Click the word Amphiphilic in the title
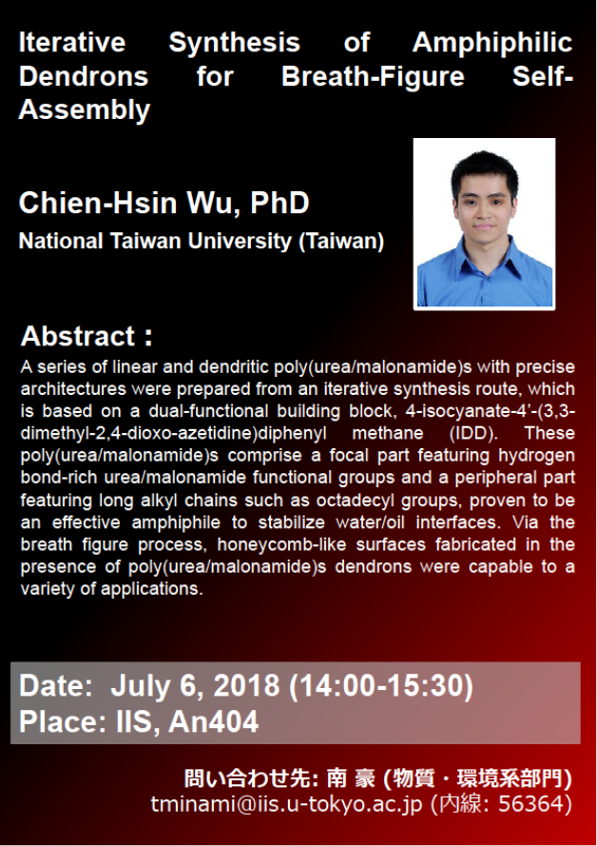(x=491, y=43)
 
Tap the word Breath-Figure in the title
(x=373, y=76)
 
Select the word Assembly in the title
(x=85, y=110)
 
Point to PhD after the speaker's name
(x=279, y=203)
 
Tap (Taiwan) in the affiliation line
(x=341, y=241)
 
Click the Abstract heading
(x=87, y=336)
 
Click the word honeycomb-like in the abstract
(x=281, y=544)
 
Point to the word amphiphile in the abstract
(x=176, y=522)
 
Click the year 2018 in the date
(x=247, y=686)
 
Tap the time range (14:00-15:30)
(x=381, y=686)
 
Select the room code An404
(x=213, y=722)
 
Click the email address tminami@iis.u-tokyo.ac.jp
(x=287, y=804)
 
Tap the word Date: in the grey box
(x=56, y=686)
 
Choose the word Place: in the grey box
(x=63, y=722)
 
